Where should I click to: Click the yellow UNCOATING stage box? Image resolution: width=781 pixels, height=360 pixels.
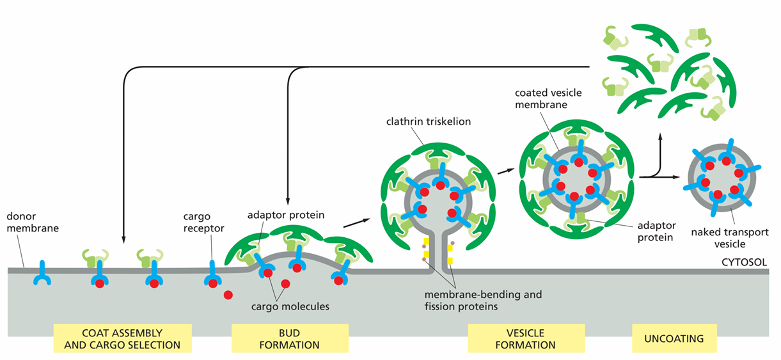click(674, 338)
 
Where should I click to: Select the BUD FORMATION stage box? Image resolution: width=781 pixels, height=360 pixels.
click(290, 338)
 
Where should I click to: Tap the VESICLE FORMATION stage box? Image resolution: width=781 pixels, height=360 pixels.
click(526, 338)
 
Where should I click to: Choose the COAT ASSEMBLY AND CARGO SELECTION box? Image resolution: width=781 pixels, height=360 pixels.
click(122, 338)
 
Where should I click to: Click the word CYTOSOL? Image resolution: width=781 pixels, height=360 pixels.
click(744, 262)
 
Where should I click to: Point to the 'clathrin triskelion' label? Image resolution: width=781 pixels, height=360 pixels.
click(429, 121)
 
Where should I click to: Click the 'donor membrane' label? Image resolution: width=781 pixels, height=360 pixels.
click(33, 222)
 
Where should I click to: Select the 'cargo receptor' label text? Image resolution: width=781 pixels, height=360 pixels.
click(203, 222)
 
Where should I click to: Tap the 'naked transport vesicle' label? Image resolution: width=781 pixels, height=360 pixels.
click(730, 238)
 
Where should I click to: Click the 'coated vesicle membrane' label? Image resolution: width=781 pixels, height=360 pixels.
click(548, 98)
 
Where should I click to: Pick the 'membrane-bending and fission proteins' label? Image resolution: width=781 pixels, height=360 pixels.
click(483, 300)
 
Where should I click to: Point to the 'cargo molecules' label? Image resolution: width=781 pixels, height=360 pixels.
click(290, 306)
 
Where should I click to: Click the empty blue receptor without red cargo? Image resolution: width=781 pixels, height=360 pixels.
click(42, 274)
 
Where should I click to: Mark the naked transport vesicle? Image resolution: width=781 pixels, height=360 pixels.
click(722, 178)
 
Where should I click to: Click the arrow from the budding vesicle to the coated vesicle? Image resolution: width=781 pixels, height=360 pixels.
click(506, 171)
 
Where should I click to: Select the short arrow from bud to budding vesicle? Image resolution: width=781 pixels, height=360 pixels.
click(356, 223)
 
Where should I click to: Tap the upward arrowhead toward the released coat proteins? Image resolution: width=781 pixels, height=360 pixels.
click(660, 136)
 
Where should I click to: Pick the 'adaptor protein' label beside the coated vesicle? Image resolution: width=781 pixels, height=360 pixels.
click(656, 231)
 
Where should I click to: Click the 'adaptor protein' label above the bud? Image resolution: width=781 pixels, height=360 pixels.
click(286, 215)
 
